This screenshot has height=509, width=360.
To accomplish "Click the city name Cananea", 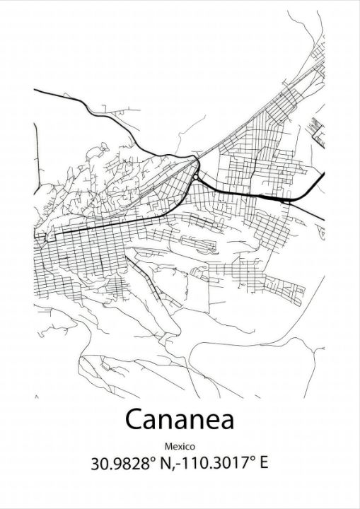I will pyautogui.click(x=180, y=419).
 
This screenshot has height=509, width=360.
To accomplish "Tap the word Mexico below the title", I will pyautogui.click(x=180, y=446).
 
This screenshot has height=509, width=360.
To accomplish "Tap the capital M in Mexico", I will pyautogui.click(x=168, y=446).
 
